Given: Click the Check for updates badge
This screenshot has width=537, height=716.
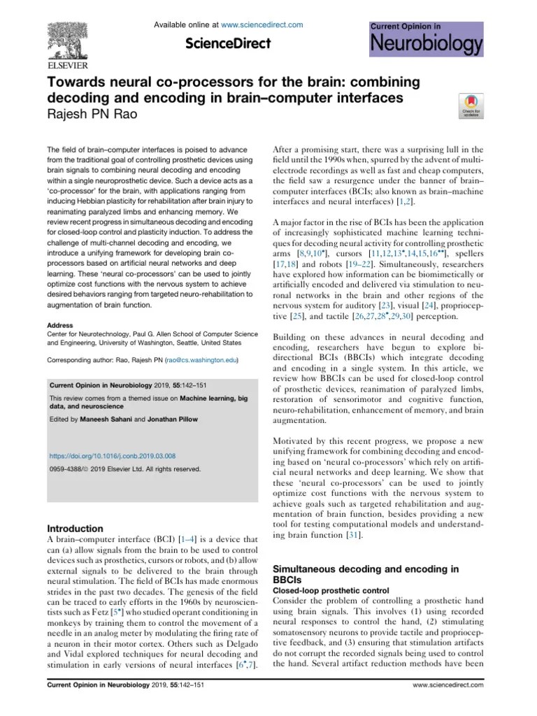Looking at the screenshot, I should click(468, 105).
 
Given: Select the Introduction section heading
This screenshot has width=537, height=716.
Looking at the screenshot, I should click(74, 529).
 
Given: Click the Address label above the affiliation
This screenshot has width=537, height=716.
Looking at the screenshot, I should click(59, 326).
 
